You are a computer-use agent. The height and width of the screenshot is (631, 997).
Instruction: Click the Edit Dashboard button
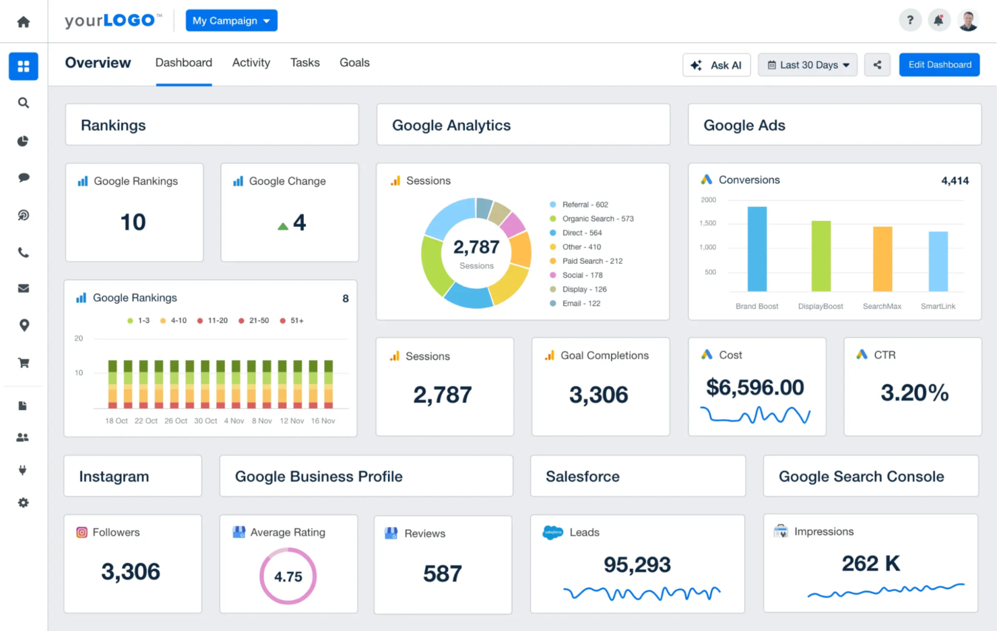coord(939,65)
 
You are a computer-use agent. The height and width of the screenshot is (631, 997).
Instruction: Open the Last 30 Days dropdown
coord(807,65)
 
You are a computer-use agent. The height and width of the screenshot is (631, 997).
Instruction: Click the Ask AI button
coord(716,65)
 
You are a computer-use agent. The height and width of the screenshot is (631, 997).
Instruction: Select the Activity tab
coord(251,63)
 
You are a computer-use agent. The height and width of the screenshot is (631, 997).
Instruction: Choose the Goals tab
coord(354,63)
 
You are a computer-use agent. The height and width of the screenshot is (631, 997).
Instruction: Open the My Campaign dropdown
coord(231,21)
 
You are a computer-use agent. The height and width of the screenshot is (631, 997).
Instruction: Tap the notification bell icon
coord(938,20)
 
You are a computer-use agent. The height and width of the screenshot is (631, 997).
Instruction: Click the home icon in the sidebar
coord(24,22)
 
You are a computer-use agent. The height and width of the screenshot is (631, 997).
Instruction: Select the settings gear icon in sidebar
coord(24,502)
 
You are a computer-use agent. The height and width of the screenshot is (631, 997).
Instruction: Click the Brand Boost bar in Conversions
coord(757,249)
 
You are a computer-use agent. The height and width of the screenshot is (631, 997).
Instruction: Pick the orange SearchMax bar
coord(882,259)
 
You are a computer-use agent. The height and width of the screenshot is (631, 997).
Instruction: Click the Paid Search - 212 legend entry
coord(591,261)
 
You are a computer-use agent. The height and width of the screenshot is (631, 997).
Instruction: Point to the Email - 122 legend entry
coord(580,304)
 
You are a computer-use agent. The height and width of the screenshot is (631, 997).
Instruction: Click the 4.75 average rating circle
coord(288,576)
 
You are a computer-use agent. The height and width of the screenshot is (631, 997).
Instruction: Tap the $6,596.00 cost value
coord(754,388)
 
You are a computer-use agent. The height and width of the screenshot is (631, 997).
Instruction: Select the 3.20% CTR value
coord(914,393)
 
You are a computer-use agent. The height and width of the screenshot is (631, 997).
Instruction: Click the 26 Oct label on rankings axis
coord(176,421)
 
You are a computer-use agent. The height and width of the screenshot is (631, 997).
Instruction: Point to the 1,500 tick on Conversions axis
coord(707,223)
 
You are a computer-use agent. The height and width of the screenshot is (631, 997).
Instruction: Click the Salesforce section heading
coord(582,477)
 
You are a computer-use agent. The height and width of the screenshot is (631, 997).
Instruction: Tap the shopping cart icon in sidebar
coord(24,363)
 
